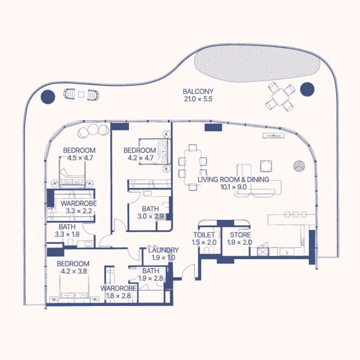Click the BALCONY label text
click(198, 91)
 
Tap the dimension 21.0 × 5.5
click(198, 99)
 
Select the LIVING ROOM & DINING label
click(233, 180)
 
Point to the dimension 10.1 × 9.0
click(233, 187)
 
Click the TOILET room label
click(204, 235)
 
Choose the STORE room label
click(240, 235)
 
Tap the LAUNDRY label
click(163, 250)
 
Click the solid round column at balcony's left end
click(48, 97)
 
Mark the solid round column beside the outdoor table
click(307, 90)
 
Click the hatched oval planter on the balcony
click(257, 63)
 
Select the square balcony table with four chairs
click(281, 97)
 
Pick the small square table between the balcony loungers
click(81, 94)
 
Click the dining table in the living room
click(193, 167)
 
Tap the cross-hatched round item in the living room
click(299, 165)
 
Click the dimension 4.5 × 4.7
click(80, 158)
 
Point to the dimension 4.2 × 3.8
click(74, 271)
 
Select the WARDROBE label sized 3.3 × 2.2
click(79, 203)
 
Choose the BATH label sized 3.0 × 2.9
click(150, 209)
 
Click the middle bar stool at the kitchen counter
click(295, 214)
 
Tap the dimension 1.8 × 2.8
click(119, 296)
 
